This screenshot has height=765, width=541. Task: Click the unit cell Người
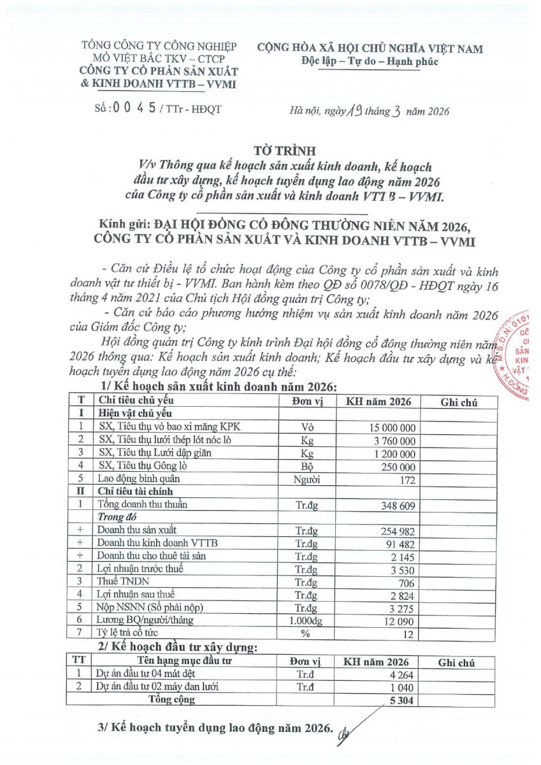(x=308, y=478)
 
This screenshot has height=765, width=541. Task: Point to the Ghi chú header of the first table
(x=459, y=402)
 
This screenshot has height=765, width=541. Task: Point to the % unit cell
(x=308, y=633)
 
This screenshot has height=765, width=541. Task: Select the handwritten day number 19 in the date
(x=354, y=110)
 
